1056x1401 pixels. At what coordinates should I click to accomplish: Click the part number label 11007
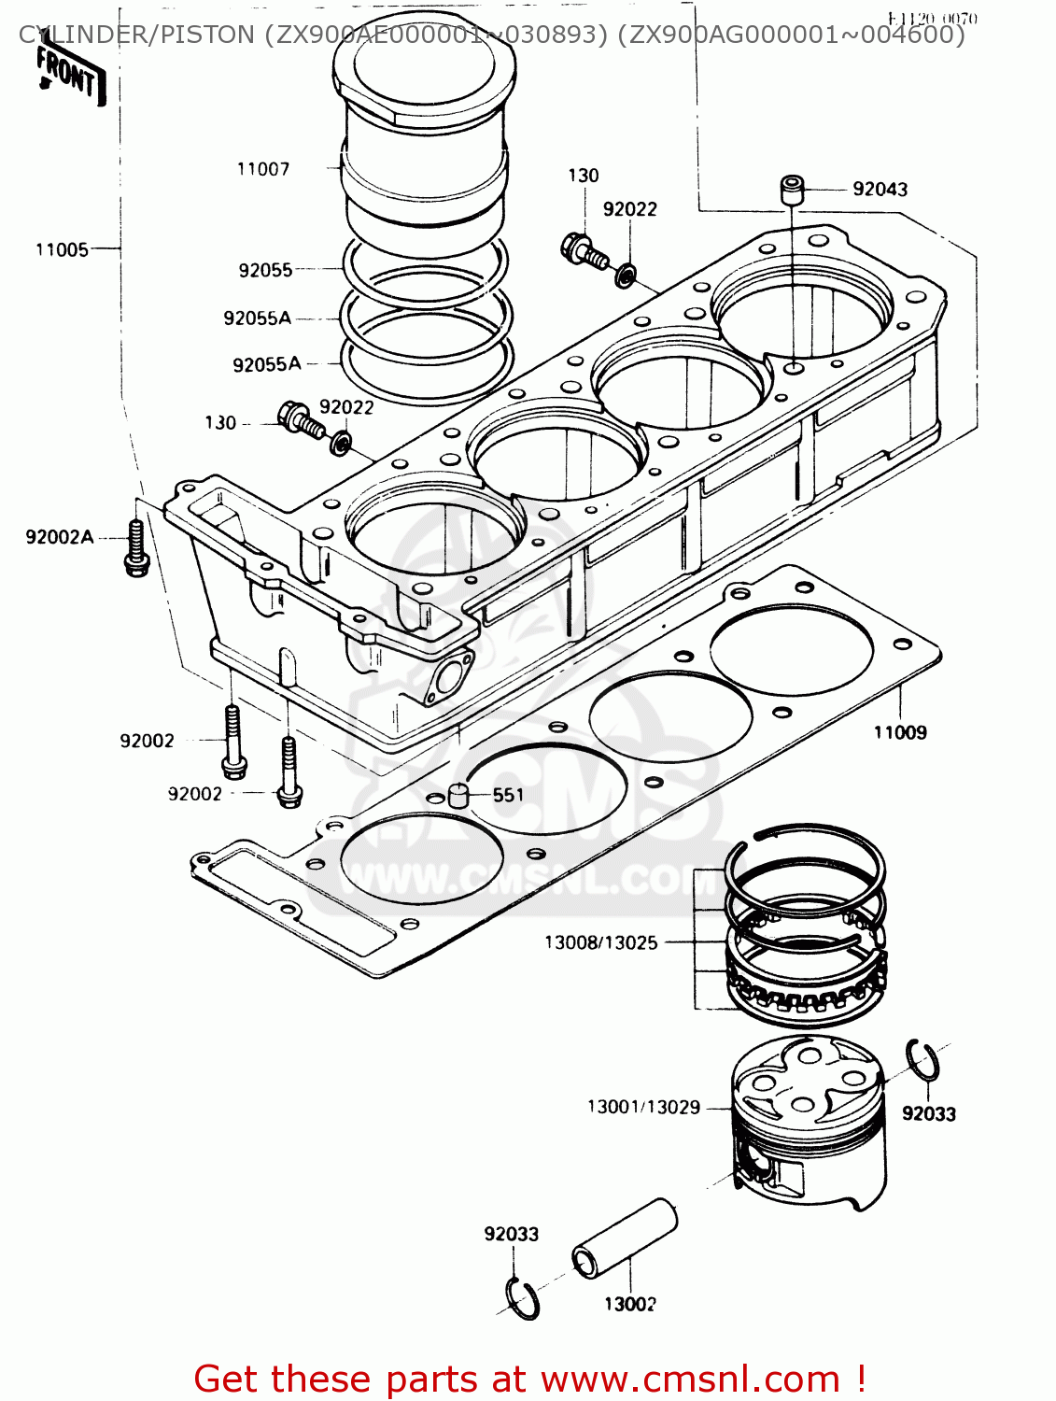coord(263,169)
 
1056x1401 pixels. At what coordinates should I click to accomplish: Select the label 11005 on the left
coord(62,249)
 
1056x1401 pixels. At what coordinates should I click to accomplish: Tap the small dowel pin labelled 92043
coord(793,191)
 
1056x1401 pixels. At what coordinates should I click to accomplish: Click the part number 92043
coord(880,190)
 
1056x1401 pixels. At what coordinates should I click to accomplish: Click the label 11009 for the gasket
coord(900,732)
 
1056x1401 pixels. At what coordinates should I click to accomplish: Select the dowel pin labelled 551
coord(458,795)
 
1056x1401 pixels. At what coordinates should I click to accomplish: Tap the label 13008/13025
coord(600,942)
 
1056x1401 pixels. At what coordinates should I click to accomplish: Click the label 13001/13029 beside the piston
coord(643,1107)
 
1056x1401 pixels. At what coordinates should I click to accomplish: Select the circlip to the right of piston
coord(923,1061)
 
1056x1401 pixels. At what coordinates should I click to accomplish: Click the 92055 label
coord(265,270)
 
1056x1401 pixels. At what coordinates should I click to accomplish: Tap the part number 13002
coord(629,1304)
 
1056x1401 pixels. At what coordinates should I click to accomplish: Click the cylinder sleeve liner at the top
coord(425,140)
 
